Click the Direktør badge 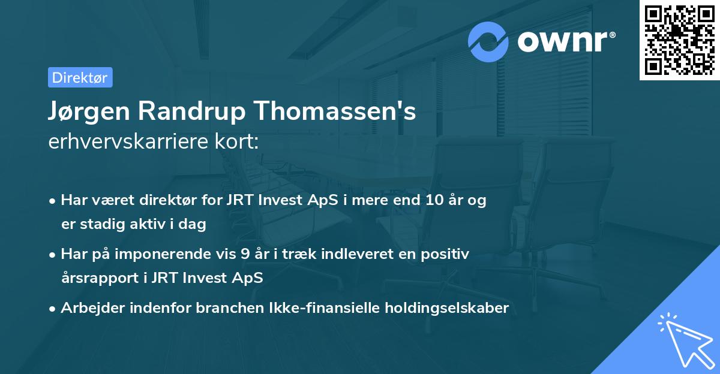pos(80,77)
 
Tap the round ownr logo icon pos(488,41)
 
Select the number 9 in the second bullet pos(245,254)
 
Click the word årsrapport pos(95,278)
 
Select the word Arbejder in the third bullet pos(88,308)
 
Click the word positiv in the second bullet pos(448,254)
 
